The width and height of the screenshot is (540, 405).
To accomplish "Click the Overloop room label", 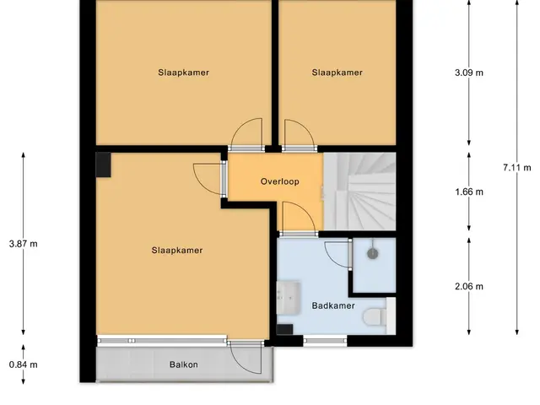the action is (x=279, y=181).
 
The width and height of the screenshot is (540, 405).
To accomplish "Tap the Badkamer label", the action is (x=333, y=305).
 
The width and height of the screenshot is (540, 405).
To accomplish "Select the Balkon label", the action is (x=184, y=364).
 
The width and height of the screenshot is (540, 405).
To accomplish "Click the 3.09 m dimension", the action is (x=469, y=73).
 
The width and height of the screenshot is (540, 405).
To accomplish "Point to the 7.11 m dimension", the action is (x=516, y=168).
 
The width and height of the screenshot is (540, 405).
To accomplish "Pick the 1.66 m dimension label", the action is (x=469, y=192).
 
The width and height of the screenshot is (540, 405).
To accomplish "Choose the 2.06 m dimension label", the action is (x=469, y=287).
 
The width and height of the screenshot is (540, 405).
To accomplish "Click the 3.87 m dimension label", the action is (x=23, y=244).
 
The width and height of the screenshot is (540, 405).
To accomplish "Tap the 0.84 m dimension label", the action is (x=23, y=364).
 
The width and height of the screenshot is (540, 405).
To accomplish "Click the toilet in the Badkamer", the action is (x=375, y=316).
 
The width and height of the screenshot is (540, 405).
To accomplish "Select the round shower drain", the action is (x=373, y=254).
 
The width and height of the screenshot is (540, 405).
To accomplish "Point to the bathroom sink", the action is (x=289, y=298).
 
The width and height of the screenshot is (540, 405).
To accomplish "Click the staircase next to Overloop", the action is (x=359, y=192).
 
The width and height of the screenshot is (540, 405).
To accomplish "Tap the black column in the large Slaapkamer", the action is (x=103, y=165).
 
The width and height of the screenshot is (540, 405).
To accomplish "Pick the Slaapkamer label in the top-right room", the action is (x=337, y=73).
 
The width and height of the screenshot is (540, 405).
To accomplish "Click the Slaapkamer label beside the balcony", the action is (x=177, y=251).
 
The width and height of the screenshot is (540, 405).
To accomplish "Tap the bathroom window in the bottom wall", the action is (x=325, y=341).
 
